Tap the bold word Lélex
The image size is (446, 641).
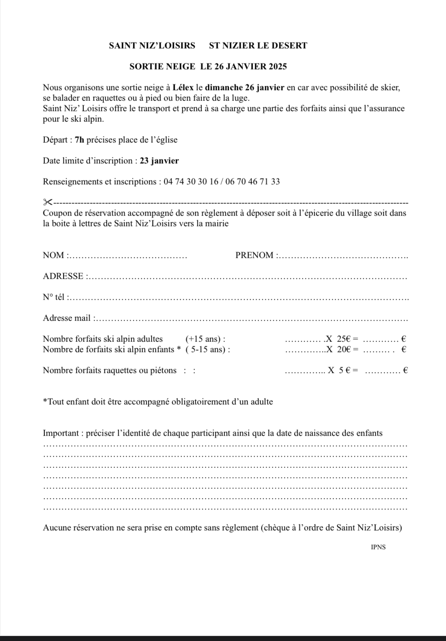tap(183, 87)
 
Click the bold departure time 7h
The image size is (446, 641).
tap(80, 140)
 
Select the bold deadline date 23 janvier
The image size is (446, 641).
tap(159, 161)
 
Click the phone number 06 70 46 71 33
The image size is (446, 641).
tap(253, 182)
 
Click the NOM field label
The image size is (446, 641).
tap(54, 255)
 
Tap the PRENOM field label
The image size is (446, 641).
tap(254, 255)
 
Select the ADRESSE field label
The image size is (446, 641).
tap(63, 276)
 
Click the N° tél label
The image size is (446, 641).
tap(54, 297)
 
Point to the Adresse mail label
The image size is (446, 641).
tap(67, 318)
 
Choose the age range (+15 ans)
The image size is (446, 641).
tap(203, 339)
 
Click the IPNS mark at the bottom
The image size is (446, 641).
tap(378, 547)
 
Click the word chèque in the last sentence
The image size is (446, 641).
tap(277, 528)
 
